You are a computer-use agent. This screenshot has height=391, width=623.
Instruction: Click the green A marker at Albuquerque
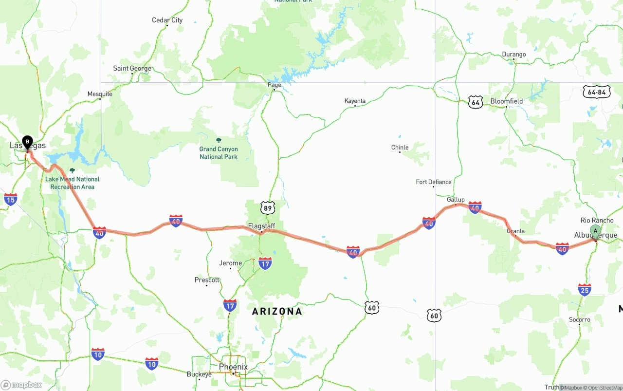tap(595, 231)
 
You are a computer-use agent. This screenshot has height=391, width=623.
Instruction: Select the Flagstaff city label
tap(261, 226)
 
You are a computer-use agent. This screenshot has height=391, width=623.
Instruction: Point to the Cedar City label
tap(167, 20)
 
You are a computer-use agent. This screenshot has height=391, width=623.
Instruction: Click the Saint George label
tap(132, 68)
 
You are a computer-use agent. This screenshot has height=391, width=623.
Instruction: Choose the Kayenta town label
tap(355, 101)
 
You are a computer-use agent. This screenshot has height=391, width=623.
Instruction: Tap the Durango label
tap(514, 54)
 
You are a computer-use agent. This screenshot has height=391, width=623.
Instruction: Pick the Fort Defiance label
tap(433, 182)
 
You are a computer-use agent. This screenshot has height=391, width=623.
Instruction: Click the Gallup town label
tap(456, 200)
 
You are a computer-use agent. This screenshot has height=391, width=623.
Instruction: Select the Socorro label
tap(579, 319)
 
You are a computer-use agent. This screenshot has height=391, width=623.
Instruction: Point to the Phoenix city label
tap(233, 367)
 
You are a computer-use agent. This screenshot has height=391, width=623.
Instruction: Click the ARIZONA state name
tap(277, 311)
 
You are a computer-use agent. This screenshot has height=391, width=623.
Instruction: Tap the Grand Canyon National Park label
tap(219, 153)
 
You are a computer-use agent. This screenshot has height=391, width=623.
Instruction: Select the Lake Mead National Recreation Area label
tap(72, 183)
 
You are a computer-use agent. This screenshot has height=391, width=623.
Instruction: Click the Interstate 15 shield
tap(10, 199)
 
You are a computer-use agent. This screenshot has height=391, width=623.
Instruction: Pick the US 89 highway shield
tap(267, 208)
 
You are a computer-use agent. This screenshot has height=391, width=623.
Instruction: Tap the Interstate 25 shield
tap(585, 289)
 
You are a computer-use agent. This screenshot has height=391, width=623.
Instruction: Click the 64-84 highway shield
tap(597, 92)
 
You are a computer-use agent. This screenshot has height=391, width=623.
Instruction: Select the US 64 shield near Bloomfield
tap(476, 102)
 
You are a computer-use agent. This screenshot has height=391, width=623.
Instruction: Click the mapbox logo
tap(21, 385)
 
